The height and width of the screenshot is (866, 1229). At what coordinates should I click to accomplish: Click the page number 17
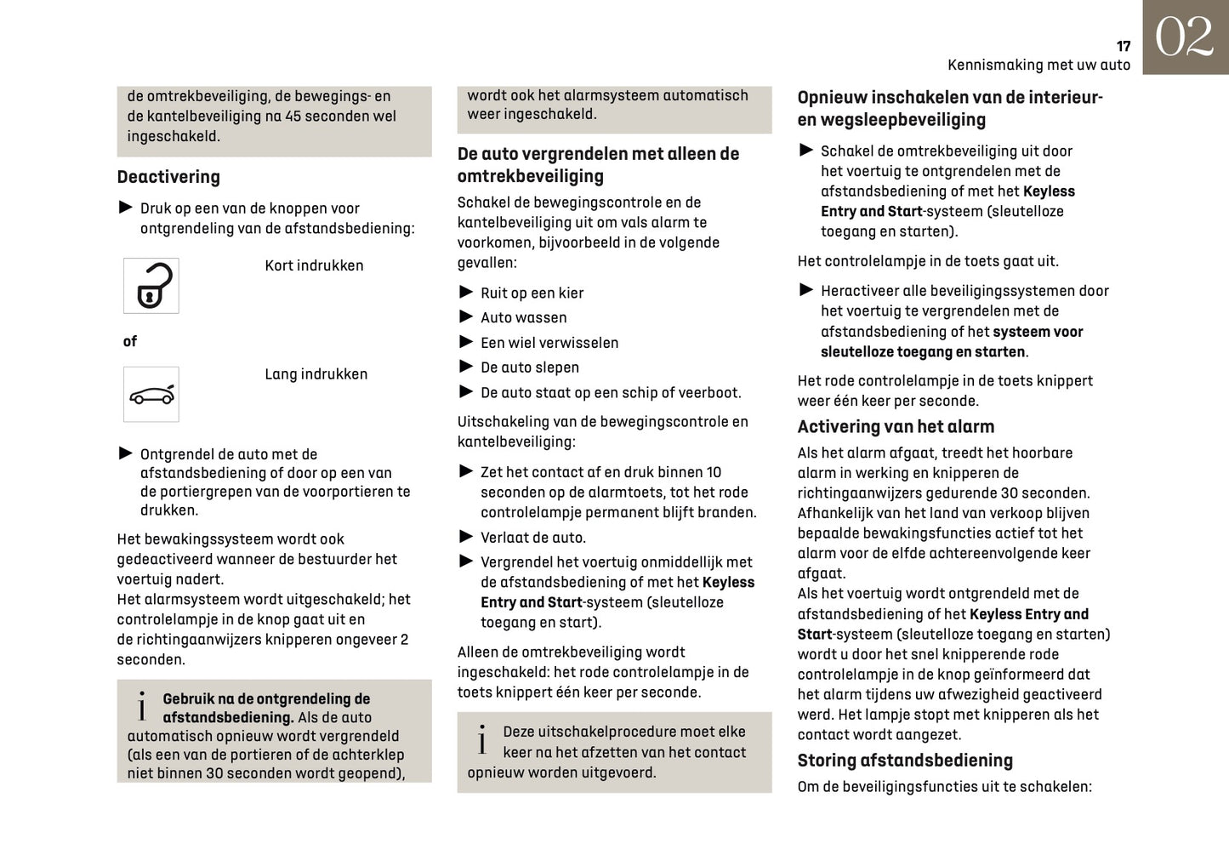[x=1123, y=46]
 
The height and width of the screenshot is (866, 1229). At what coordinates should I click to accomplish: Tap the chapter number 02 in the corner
[x=1184, y=37]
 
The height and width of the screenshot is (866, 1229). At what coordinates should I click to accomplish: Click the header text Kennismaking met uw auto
[x=1038, y=66]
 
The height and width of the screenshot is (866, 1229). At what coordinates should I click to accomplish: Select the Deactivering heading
[x=168, y=177]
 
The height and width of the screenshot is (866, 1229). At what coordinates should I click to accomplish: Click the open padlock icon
[x=151, y=286]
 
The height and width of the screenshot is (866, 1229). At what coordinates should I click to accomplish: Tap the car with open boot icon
[x=151, y=395]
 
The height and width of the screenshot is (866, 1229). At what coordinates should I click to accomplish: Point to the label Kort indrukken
[x=314, y=265]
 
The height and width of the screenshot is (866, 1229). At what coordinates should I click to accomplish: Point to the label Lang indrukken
[x=316, y=374]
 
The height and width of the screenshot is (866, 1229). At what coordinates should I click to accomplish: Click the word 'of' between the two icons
[x=129, y=341]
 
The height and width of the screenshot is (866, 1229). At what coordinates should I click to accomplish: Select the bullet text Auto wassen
[x=523, y=317]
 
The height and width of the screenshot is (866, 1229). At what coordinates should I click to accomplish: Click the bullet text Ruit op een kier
[x=532, y=293]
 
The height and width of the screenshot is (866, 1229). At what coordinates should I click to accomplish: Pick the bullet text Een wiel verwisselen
[x=549, y=343]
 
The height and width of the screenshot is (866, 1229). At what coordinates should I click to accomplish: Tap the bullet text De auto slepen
[x=529, y=367]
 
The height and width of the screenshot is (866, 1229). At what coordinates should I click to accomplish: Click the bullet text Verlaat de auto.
[x=532, y=538]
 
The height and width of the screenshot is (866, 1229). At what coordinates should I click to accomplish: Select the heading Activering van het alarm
[x=896, y=427]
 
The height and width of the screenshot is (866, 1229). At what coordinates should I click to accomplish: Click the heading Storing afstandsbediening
[x=905, y=761]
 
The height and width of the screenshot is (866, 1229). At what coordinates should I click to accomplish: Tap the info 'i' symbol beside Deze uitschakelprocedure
[x=482, y=740]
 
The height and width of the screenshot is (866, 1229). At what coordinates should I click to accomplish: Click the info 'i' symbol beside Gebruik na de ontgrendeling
[x=142, y=706]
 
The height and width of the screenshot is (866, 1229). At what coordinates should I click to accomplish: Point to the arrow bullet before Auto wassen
[x=466, y=316]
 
